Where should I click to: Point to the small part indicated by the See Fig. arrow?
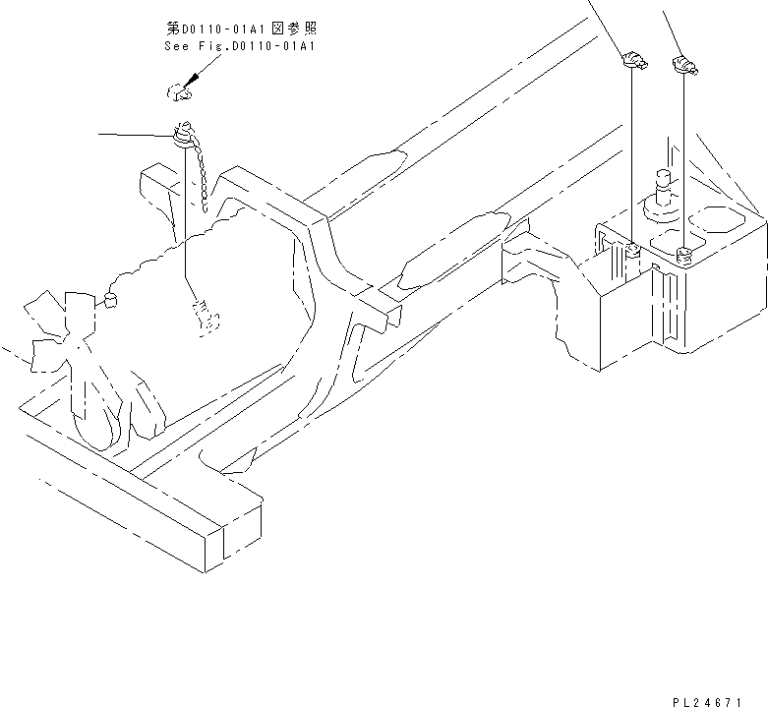pos(176,92)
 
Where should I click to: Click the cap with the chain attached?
pos(183,134)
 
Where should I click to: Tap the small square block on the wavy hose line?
pos(109,298)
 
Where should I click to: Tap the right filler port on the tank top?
pos(684,257)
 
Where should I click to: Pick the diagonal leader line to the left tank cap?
pos(604,25)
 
